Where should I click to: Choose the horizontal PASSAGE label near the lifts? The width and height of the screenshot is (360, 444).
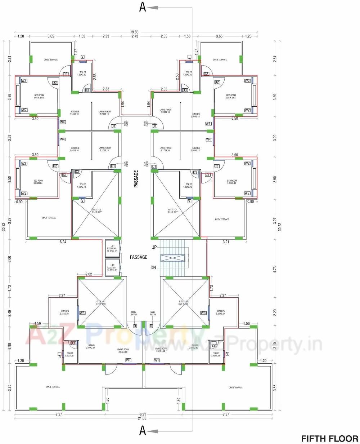[x=138, y=257]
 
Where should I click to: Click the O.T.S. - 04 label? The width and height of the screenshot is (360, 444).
[x=176, y=209]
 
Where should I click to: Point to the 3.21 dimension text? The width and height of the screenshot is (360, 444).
[x=226, y=242]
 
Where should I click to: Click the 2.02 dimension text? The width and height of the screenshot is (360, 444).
[x=89, y=274]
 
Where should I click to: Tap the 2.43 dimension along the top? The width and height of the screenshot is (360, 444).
[x=135, y=36]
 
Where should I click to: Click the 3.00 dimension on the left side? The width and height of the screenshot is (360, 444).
[x=10, y=259]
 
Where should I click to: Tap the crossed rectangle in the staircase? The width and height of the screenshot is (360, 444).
[x=172, y=258]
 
